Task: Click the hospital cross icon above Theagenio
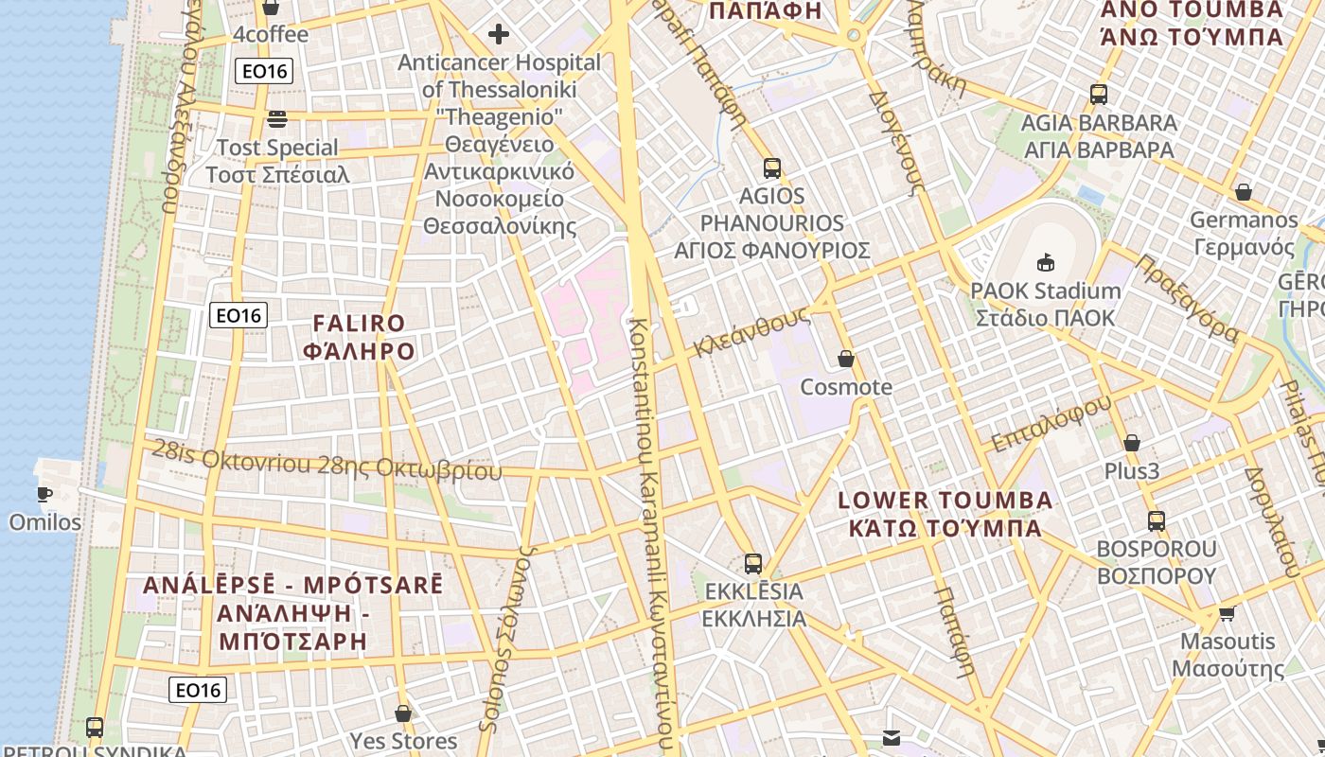click(x=498, y=35)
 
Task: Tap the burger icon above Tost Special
click(x=277, y=119)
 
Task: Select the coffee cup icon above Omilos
click(x=44, y=493)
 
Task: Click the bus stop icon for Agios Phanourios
click(x=772, y=168)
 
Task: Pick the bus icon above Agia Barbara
click(x=1099, y=95)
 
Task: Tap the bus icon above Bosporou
click(x=1156, y=520)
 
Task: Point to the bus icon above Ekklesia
click(x=753, y=564)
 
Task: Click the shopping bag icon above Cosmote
click(x=846, y=359)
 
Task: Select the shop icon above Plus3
click(x=1131, y=443)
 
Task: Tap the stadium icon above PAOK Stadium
click(x=1046, y=262)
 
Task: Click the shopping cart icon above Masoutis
click(x=1227, y=613)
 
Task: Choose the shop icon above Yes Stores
click(x=403, y=713)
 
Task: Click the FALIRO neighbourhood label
click(x=359, y=338)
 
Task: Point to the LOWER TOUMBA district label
click(x=945, y=514)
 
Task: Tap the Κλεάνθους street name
click(x=751, y=331)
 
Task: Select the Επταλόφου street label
click(x=1051, y=424)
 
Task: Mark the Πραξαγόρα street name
click(x=1187, y=297)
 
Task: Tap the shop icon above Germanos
click(x=1244, y=192)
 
